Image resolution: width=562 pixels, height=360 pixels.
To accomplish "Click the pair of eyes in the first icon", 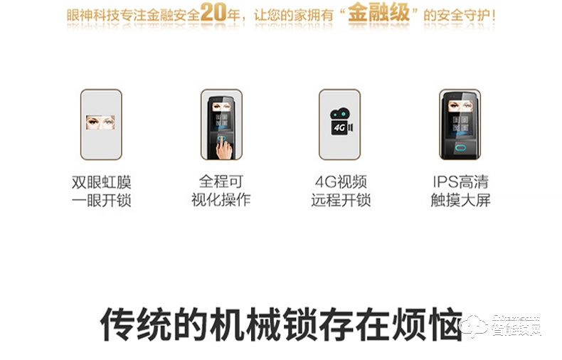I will (x=101, y=122).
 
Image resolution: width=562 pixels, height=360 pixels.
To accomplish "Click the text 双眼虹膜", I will (x=102, y=181).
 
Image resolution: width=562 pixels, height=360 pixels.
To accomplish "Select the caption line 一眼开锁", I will (x=102, y=200).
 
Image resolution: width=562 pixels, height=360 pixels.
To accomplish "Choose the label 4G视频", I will (x=341, y=181).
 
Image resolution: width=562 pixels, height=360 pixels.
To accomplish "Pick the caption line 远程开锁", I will (x=341, y=200).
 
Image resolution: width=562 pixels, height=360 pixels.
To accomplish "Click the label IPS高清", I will (x=460, y=181).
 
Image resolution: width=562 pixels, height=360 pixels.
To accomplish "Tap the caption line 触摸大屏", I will (x=460, y=200).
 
